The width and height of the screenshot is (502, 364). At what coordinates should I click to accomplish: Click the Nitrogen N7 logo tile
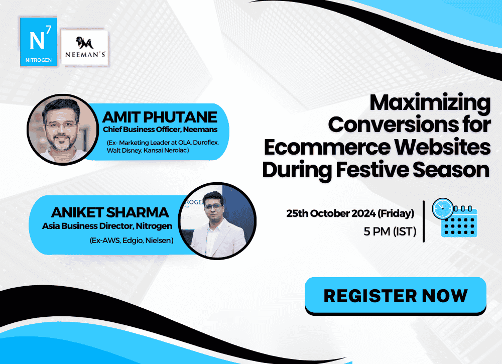point(39,42)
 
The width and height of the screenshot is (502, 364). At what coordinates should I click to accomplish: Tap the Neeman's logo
point(85,48)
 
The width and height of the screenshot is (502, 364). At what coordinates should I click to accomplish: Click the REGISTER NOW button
point(396,295)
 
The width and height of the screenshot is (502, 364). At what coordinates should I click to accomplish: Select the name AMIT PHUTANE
point(160,117)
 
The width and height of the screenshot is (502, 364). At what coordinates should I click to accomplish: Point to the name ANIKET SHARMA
point(110,212)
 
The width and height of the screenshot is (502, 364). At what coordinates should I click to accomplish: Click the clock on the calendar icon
point(443,209)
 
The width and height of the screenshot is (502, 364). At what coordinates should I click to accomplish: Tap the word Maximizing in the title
point(430,103)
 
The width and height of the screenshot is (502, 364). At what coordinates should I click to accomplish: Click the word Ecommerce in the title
point(327,147)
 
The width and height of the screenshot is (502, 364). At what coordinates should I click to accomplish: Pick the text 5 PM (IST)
point(390,231)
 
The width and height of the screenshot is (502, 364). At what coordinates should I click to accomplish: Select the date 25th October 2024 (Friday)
point(350,213)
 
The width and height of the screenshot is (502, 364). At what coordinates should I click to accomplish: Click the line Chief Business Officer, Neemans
point(160,130)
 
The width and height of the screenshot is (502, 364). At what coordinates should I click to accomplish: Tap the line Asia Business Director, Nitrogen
point(107,226)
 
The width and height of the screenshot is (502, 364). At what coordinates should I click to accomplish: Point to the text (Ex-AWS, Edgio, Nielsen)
point(132,240)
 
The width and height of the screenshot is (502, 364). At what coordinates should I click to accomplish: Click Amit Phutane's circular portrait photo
point(63,130)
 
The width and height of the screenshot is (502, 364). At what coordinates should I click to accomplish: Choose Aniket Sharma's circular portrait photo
point(217,221)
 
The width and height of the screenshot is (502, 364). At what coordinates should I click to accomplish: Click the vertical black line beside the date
point(424,221)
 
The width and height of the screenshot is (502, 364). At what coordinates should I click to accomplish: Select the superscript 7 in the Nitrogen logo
point(48,30)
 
